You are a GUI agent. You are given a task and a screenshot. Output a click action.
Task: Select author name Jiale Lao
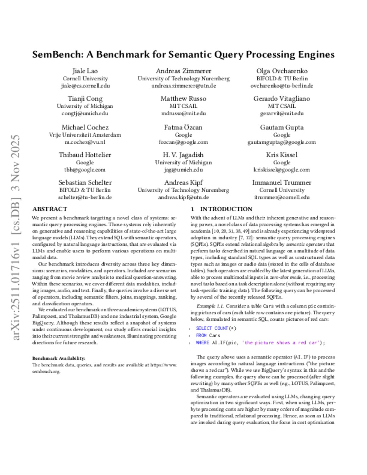(85, 71)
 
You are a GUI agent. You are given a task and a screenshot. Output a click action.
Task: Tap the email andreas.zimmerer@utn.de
(183, 86)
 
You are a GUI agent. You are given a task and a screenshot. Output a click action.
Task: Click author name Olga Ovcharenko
(282, 71)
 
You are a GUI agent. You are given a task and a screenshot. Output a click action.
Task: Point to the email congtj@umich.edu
(85, 113)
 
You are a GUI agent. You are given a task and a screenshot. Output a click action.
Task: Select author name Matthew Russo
(183, 98)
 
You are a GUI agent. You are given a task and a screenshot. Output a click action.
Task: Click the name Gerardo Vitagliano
(282, 98)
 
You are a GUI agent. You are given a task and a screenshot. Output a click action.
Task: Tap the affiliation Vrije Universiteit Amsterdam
(85, 135)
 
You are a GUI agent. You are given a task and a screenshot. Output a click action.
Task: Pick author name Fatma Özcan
(183, 127)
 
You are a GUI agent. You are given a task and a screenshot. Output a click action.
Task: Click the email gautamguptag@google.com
(282, 142)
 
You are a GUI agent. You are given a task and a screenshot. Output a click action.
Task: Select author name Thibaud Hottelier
(85, 155)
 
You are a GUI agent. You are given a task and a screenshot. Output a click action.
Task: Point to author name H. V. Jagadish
(183, 155)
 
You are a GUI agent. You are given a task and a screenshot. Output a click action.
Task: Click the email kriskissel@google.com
(282, 170)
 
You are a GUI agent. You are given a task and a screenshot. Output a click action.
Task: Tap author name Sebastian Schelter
(85, 182)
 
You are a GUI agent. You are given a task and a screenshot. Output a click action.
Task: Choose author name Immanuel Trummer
(282, 182)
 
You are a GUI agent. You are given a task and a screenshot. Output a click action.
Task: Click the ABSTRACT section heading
(50, 209)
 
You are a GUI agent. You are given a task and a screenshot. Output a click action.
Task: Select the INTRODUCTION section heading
(226, 209)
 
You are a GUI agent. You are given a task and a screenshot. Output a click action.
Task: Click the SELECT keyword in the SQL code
(204, 328)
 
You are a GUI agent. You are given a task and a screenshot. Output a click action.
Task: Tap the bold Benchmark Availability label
(59, 358)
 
